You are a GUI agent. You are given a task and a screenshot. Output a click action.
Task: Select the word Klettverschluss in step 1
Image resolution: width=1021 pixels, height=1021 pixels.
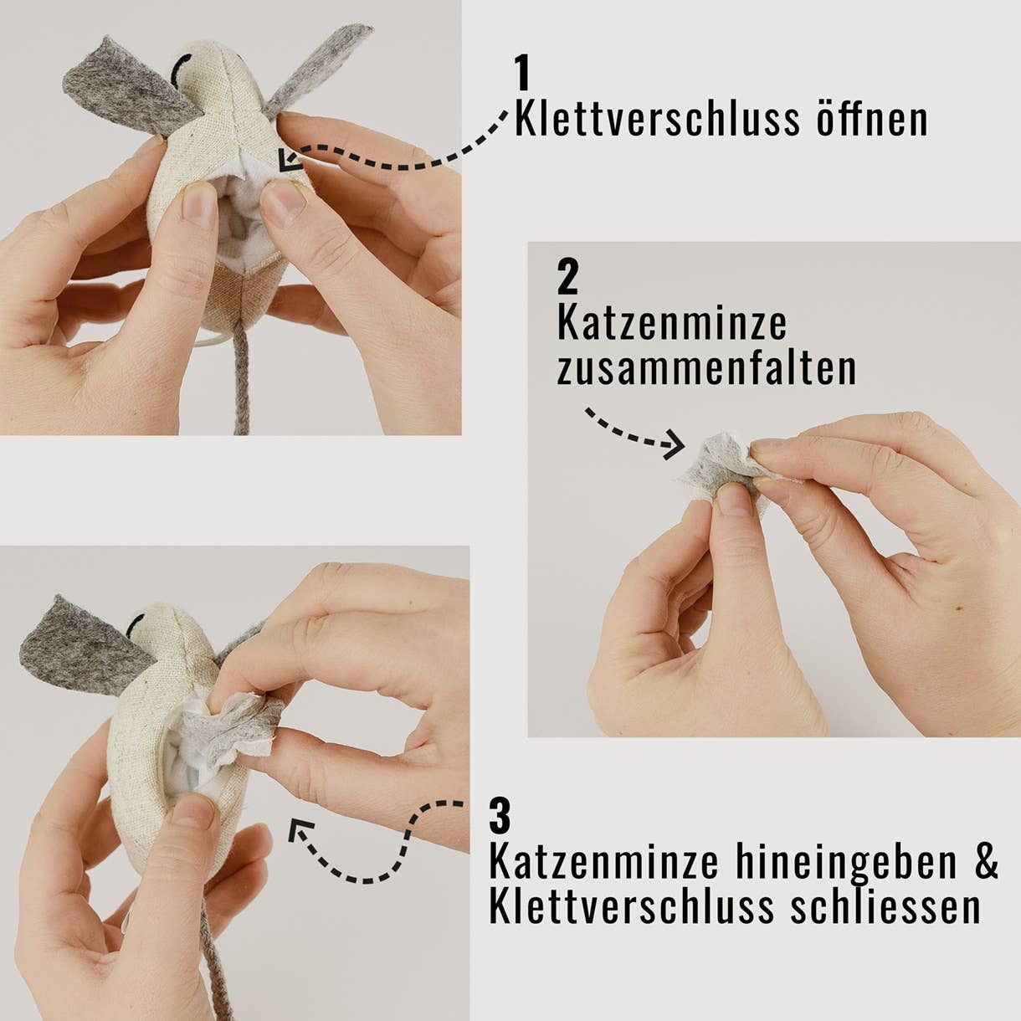point(656,119)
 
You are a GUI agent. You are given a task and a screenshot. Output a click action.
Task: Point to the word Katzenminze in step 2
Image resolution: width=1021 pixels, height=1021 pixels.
point(671,323)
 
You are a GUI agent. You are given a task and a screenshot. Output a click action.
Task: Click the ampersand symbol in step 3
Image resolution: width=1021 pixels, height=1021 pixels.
point(987,862)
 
